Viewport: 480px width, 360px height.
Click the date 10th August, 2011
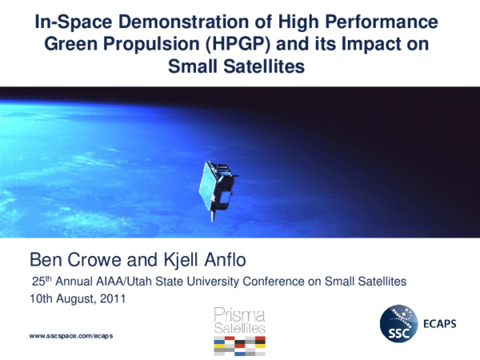coord(77,298)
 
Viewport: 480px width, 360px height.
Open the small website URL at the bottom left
coord(70,336)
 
